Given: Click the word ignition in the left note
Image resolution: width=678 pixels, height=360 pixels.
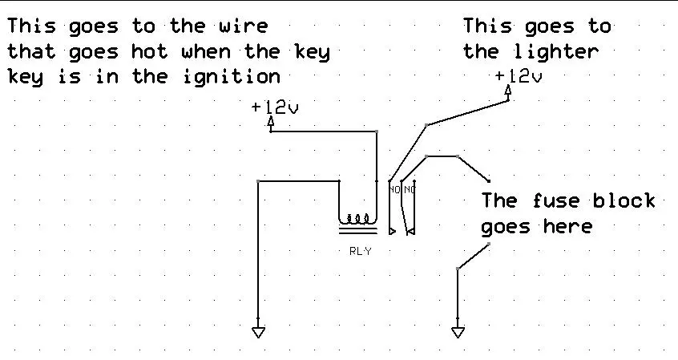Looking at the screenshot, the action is point(232,77).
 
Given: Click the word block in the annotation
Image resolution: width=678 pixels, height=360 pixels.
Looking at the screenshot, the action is point(624,200).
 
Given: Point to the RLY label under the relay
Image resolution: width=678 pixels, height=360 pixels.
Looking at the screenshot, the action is point(360,251).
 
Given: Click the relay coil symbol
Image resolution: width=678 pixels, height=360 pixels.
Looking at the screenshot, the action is point(358,224).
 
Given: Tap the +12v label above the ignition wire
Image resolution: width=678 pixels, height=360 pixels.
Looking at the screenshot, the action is point(275,107).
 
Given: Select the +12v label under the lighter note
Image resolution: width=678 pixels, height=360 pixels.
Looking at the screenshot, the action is point(519,77).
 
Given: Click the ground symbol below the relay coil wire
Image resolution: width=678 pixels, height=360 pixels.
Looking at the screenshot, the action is point(258,332).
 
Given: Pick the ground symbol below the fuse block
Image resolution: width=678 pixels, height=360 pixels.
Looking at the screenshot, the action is point(458,332).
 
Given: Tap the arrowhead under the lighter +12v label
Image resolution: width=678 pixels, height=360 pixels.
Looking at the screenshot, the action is point(508,91).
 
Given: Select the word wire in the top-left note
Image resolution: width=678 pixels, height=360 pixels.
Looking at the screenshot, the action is point(243,26).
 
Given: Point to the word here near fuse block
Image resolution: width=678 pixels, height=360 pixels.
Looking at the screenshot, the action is point(567,226).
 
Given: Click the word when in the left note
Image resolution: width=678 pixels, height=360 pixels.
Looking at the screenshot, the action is point(206,52).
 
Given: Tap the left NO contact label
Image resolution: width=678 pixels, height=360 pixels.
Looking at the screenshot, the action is point(395,189).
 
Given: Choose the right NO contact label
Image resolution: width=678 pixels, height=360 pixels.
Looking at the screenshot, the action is point(409,189).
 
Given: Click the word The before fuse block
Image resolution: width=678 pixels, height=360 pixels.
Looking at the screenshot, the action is point(499,200).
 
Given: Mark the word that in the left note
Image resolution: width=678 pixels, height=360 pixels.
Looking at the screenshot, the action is point(31,52).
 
